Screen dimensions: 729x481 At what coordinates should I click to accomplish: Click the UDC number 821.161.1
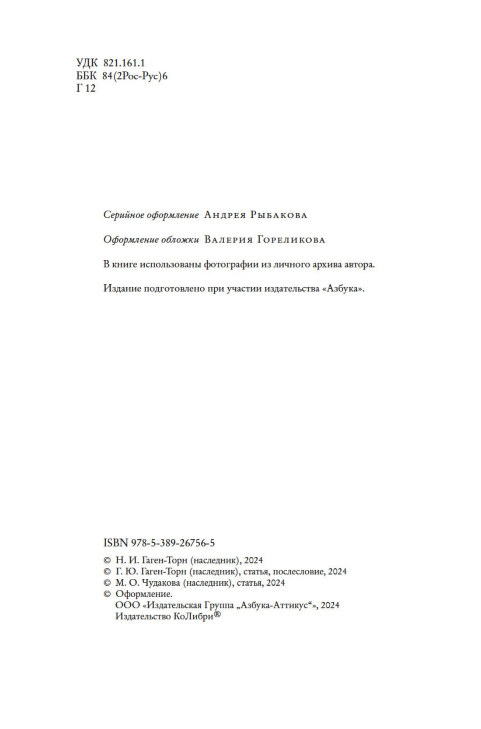coord(124,64)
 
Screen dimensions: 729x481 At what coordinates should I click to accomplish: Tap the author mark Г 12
coord(86,88)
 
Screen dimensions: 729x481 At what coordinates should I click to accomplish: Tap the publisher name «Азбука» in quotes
coord(342,289)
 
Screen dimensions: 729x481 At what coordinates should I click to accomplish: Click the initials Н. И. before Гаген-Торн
coord(127,560)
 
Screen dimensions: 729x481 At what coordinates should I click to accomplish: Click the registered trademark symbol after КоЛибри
coord(217,615)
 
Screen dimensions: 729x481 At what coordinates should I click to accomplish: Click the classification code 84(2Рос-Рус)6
coord(135,76)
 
